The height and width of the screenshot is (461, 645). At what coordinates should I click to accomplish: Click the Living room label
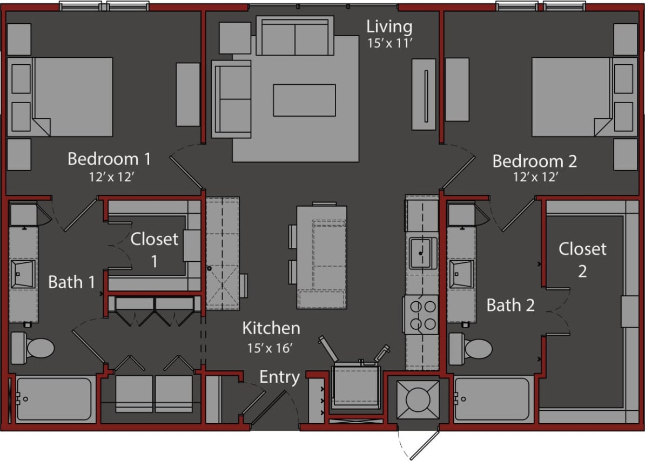click(x=389, y=26)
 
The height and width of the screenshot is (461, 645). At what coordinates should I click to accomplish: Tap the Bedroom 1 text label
click(x=109, y=159)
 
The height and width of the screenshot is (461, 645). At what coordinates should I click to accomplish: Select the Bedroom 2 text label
click(x=534, y=161)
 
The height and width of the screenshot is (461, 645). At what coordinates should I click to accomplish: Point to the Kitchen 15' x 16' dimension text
click(x=270, y=348)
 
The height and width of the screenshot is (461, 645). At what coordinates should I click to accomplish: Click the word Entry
click(x=279, y=377)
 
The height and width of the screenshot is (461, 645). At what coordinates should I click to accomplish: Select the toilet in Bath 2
click(x=471, y=348)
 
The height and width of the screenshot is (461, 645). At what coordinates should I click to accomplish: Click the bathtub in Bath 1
click(x=54, y=399)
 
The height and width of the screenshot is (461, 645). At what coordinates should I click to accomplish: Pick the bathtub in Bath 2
click(x=493, y=399)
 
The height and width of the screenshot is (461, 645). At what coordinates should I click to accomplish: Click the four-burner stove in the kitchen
click(x=422, y=315)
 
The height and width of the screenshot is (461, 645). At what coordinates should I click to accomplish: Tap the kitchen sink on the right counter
click(x=422, y=253)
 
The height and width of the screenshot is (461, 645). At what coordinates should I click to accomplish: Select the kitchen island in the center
click(x=321, y=257)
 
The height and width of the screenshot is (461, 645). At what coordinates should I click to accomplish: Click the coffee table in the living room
click(x=304, y=100)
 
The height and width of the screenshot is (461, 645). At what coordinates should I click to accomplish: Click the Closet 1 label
click(x=154, y=249)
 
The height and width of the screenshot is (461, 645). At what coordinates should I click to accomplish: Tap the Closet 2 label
click(x=582, y=259)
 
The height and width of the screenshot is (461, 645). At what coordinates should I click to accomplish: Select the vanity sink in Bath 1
click(x=23, y=274)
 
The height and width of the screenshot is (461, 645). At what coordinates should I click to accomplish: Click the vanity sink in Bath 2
click(x=461, y=274)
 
